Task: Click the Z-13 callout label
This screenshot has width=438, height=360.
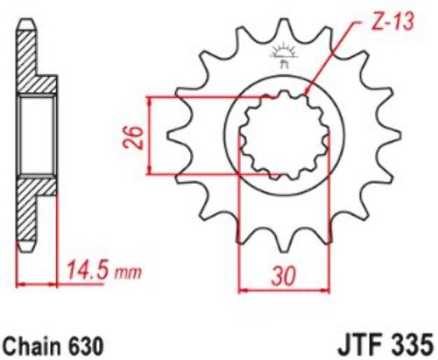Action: point(392,21)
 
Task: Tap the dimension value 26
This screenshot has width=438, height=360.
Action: point(133,138)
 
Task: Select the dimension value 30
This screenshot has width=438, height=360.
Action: point(283,276)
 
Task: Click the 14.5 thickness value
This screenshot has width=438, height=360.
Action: point(86,271)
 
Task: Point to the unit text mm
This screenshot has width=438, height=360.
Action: point(128,272)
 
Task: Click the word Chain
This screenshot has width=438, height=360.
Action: point(32,346)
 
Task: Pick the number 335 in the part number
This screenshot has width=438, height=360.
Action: point(412,347)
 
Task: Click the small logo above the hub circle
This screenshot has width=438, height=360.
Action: point(283,56)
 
